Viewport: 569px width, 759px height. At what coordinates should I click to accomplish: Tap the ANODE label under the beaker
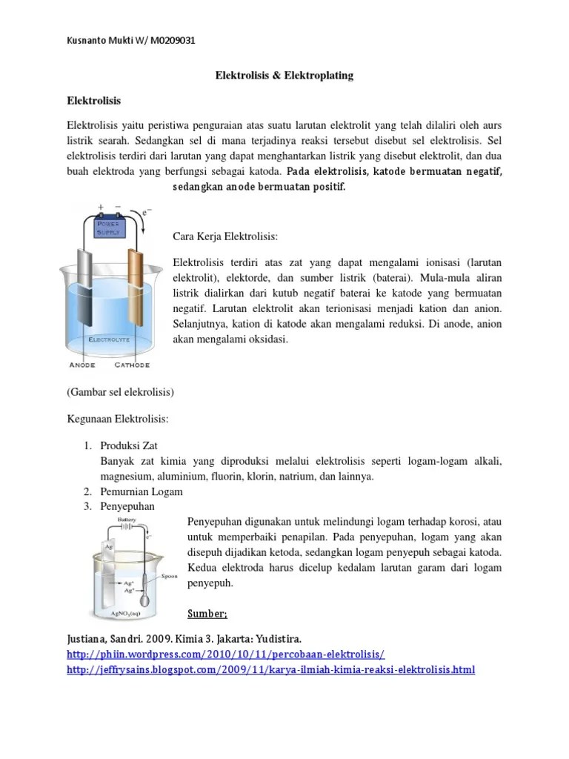[82, 365]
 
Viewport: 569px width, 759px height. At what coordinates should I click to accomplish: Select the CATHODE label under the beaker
[132, 365]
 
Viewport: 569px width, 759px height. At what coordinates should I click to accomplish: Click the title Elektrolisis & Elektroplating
[284, 75]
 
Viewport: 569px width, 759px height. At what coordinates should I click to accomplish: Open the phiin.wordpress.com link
[226, 654]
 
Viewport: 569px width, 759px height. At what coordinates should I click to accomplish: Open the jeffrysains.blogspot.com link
[270, 670]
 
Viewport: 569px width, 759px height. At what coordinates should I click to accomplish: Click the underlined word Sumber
[208, 614]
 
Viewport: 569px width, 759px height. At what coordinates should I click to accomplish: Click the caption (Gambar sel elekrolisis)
[120, 391]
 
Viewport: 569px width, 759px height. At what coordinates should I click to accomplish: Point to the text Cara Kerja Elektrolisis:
[225, 236]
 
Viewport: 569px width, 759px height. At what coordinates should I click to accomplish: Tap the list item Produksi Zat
[131, 445]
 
